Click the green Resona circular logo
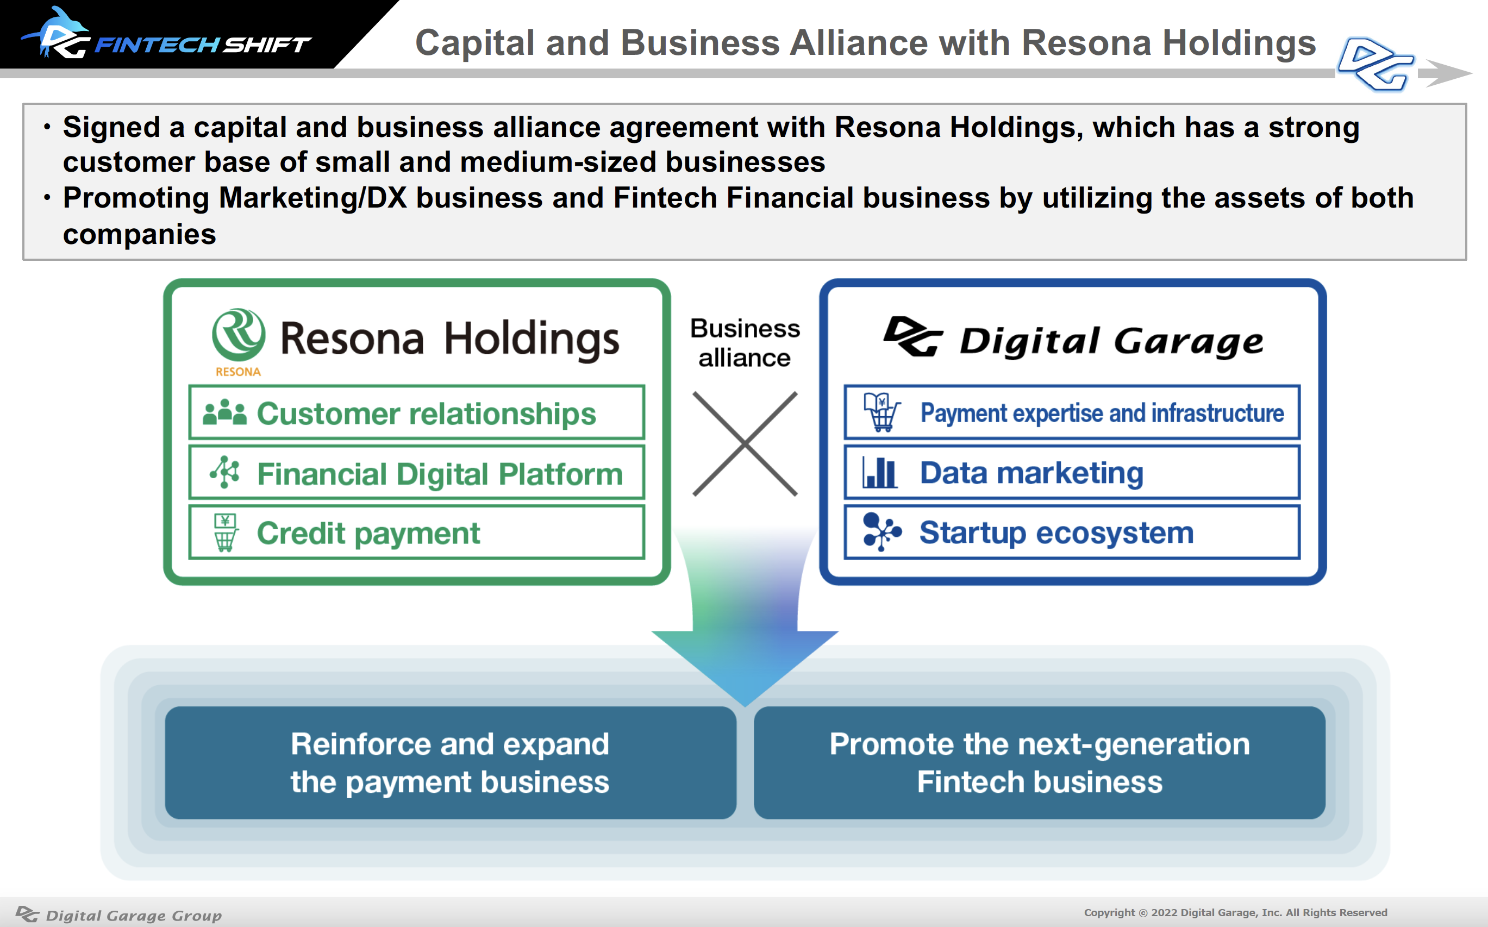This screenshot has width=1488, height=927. tap(239, 335)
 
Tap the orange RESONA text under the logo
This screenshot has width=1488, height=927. tap(238, 372)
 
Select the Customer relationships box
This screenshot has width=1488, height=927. tap(417, 412)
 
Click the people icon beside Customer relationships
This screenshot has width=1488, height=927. tap(225, 412)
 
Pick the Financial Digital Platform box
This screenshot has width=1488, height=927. tap(417, 473)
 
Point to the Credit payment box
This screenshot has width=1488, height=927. tap(417, 532)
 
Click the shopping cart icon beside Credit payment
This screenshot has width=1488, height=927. tap(225, 532)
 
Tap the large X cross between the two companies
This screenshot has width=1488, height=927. tap(745, 444)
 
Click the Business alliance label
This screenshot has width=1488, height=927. tap(745, 343)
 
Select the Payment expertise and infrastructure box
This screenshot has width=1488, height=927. tap(1072, 412)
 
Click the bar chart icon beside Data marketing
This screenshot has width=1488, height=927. tap(880, 472)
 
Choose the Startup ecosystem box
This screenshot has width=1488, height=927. tap(1072, 532)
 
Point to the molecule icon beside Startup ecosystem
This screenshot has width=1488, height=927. tap(881, 531)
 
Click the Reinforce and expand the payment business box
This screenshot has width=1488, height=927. tap(451, 763)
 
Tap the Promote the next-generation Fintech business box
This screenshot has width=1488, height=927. tap(1039, 763)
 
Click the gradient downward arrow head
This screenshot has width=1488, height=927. tap(745, 668)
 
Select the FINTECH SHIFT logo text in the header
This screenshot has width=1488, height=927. tap(203, 45)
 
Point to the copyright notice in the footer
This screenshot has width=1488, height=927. tap(1235, 912)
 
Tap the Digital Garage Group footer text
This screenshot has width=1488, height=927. tap(134, 916)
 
